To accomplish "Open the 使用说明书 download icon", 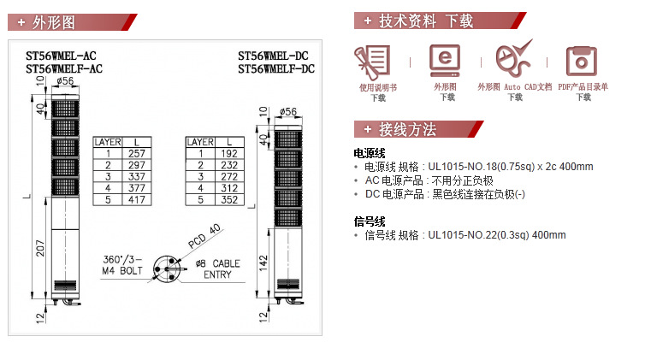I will [377, 61].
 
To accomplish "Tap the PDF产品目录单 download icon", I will [583, 61].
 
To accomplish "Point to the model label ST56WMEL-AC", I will [64, 56].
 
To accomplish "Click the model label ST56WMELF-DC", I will [276, 68].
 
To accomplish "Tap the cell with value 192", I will [228, 153].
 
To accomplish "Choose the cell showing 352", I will [228, 199].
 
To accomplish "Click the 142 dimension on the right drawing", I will [263, 260].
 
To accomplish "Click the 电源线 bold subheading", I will [370, 153].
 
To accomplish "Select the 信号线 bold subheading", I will [370, 221].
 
